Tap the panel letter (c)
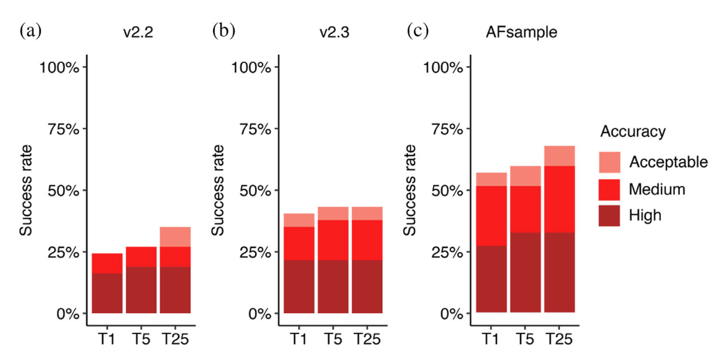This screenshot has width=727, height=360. (418, 31)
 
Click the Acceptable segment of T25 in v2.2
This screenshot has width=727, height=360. (175, 237)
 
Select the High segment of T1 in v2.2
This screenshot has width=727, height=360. (107, 293)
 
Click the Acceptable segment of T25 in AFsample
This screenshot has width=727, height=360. (560, 156)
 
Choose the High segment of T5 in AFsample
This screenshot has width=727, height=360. (526, 272)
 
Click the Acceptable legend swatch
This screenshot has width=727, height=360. (609, 162)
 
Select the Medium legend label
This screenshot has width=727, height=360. (657, 189)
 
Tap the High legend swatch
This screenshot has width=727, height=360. (609, 216)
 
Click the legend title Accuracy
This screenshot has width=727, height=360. (632, 132)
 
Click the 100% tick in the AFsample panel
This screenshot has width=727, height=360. (445, 67)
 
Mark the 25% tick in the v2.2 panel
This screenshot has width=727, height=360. (64, 252)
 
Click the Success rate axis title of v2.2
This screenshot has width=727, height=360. (26, 190)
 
